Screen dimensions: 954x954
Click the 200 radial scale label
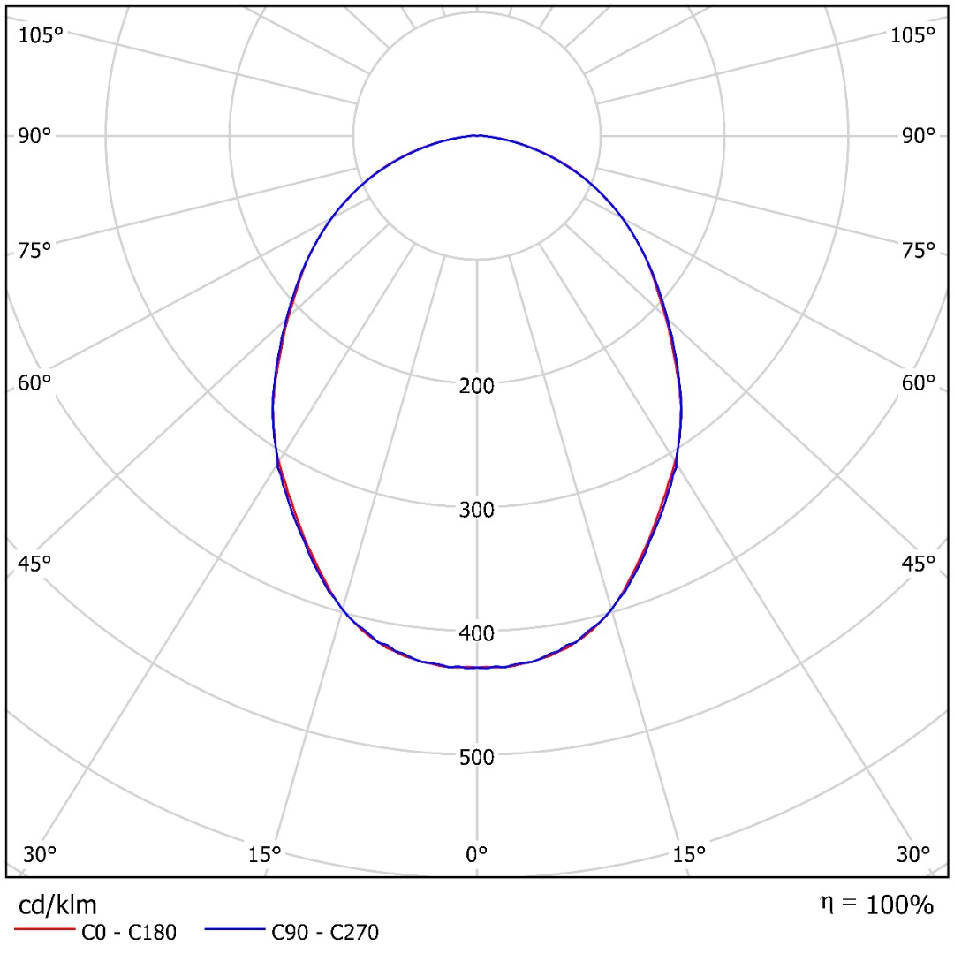click(477, 386)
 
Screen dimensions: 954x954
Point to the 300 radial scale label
click(477, 510)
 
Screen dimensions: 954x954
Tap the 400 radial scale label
click(477, 633)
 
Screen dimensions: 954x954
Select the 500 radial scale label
click(477, 757)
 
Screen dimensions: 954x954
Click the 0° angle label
click(477, 854)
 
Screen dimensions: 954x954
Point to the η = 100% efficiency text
click(876, 905)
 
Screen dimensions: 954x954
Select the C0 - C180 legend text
click(129, 932)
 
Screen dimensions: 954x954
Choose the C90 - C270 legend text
click(325, 932)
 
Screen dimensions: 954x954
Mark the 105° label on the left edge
click(42, 35)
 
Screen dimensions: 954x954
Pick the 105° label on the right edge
click(912, 35)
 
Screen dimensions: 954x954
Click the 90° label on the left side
click(35, 135)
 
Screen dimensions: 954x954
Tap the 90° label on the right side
click(918, 135)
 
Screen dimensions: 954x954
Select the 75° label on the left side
click(35, 251)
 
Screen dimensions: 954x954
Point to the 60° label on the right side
click(918, 383)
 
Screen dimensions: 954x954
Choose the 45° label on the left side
click(35, 563)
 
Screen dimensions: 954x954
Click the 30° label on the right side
click(913, 854)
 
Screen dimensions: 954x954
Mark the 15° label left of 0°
click(265, 854)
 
